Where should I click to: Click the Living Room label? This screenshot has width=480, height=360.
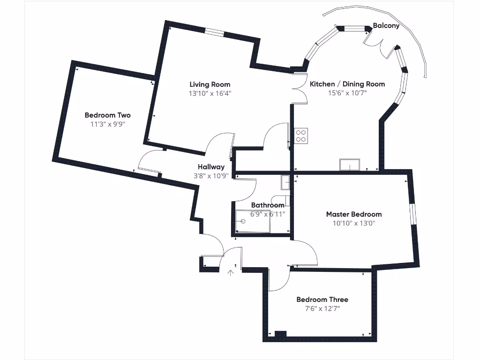click(x=210, y=84)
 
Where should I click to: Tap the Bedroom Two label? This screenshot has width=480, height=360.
click(x=107, y=115)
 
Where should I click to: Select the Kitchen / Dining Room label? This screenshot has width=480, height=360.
click(x=347, y=84)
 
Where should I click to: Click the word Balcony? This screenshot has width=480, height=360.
click(x=386, y=26)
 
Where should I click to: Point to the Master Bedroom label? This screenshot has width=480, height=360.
click(x=353, y=214)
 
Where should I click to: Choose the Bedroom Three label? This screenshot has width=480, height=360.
click(x=322, y=300)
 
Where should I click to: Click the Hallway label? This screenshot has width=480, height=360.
click(x=211, y=167)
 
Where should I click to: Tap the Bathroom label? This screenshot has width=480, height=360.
click(x=267, y=205)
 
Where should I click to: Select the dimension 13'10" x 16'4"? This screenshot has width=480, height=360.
click(x=210, y=93)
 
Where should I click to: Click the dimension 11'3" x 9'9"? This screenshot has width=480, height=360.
click(x=107, y=124)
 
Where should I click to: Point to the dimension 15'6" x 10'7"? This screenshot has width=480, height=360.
click(x=347, y=93)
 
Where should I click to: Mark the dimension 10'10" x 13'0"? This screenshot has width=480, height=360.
click(x=353, y=223)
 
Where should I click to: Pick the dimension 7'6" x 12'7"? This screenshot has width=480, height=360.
click(x=322, y=308)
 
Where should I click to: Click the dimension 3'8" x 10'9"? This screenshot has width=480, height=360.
click(x=211, y=176)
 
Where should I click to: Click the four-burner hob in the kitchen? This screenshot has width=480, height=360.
click(x=301, y=135)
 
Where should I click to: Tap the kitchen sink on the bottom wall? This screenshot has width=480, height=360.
click(x=350, y=165)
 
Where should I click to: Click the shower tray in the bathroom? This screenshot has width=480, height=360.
click(x=253, y=221)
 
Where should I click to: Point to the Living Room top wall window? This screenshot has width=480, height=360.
click(x=214, y=33)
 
